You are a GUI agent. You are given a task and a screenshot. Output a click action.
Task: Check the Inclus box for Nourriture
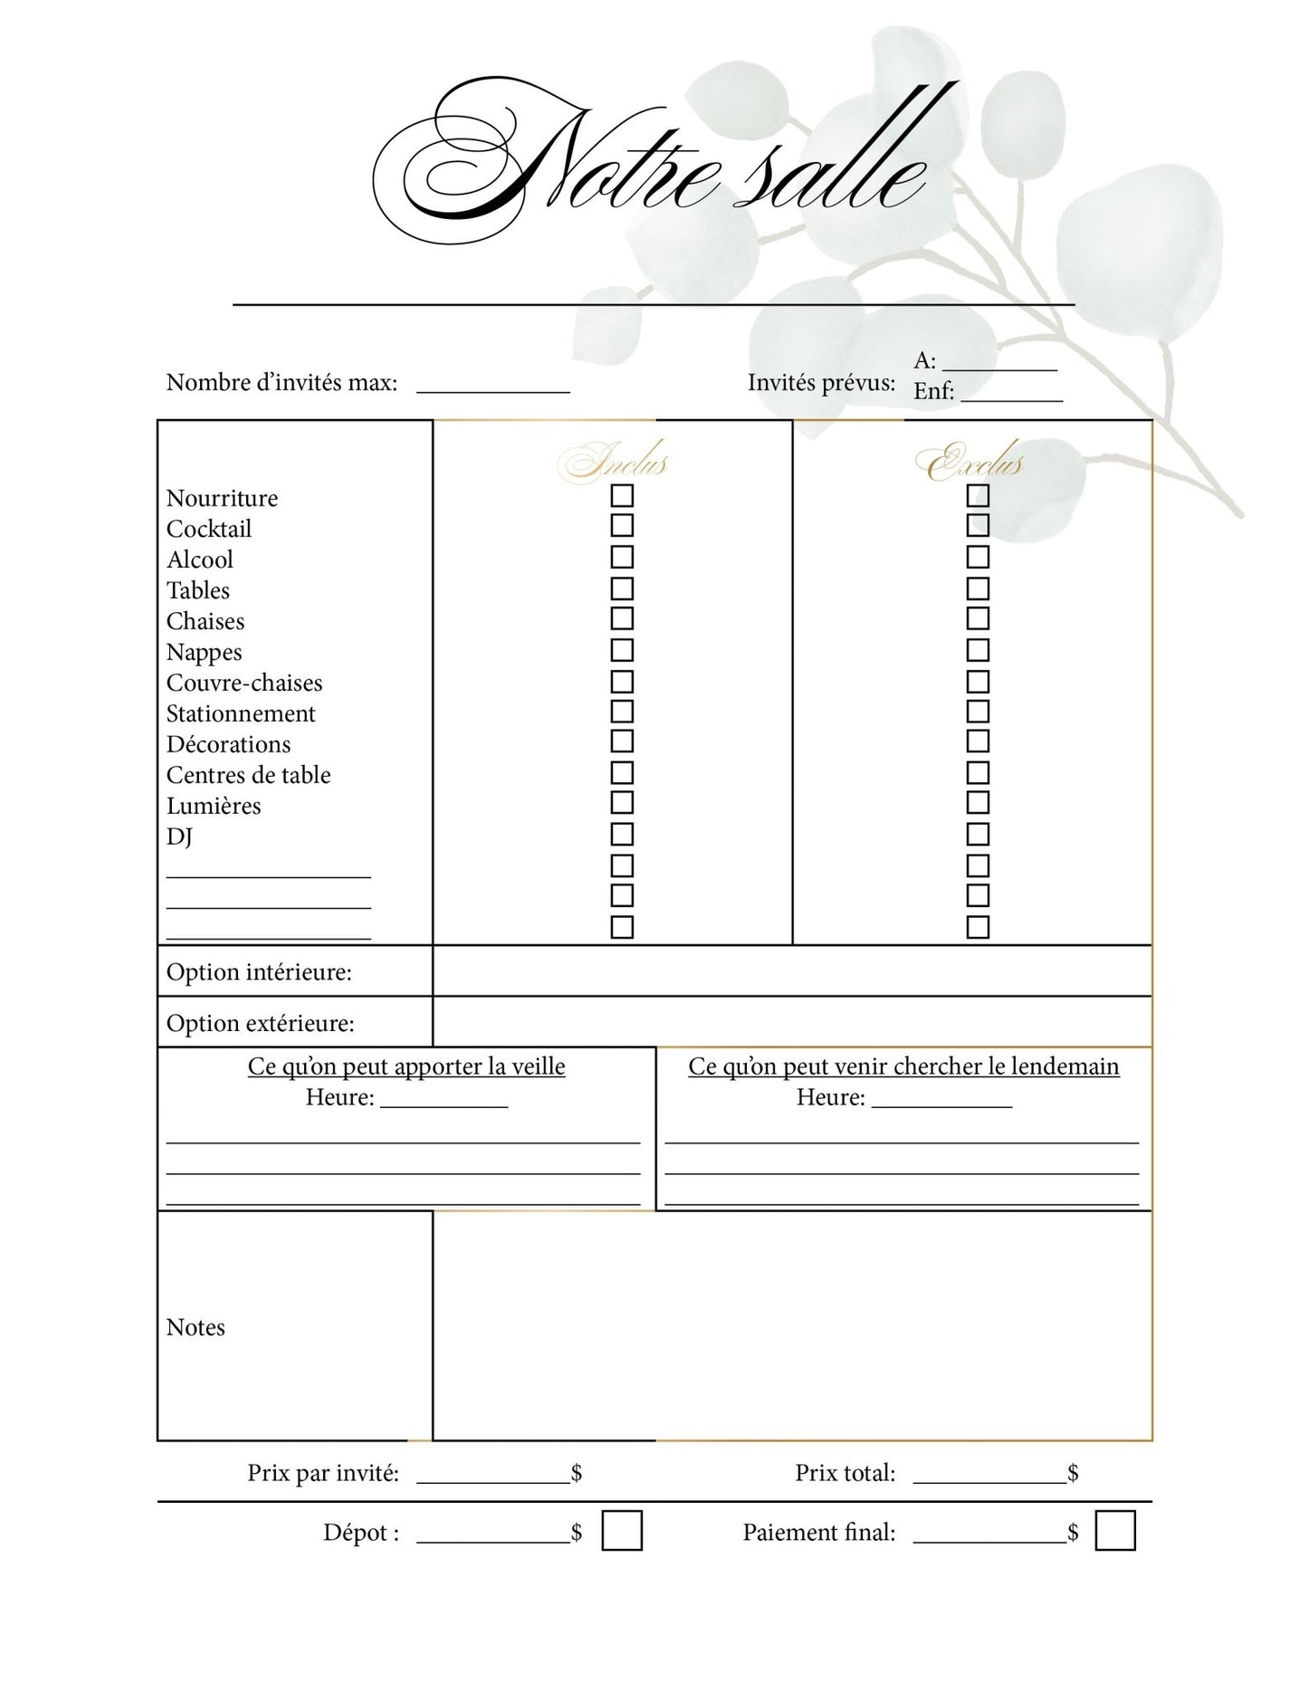pyautogui.click(x=622, y=496)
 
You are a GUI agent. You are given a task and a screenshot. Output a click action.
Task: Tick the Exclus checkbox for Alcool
pyautogui.click(x=978, y=557)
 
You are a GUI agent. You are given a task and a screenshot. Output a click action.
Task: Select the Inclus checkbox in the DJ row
pyautogui.click(x=622, y=834)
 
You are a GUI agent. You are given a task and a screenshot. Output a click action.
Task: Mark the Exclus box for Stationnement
pyautogui.click(x=978, y=712)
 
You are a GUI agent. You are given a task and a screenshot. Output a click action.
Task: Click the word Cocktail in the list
pyautogui.click(x=209, y=529)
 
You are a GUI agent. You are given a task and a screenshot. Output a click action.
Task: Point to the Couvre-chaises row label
pyautogui.click(x=244, y=683)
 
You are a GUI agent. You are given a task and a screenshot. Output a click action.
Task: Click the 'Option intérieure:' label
pyautogui.click(x=259, y=972)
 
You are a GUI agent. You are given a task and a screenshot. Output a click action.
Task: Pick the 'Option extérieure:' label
pyautogui.click(x=260, y=1024)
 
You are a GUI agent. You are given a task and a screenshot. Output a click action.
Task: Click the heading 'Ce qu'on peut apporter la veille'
pyautogui.click(x=406, y=1066)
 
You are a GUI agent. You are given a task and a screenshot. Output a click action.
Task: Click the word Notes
pyautogui.click(x=196, y=1327)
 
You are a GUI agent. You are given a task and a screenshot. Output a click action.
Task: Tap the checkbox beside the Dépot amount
pyautogui.click(x=622, y=1531)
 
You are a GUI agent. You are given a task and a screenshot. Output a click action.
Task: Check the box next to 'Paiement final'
pyautogui.click(x=1114, y=1531)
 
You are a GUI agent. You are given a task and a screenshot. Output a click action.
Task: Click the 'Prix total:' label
pyautogui.click(x=845, y=1473)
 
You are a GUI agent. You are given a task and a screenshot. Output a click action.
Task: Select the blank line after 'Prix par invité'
pyautogui.click(x=493, y=1476)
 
